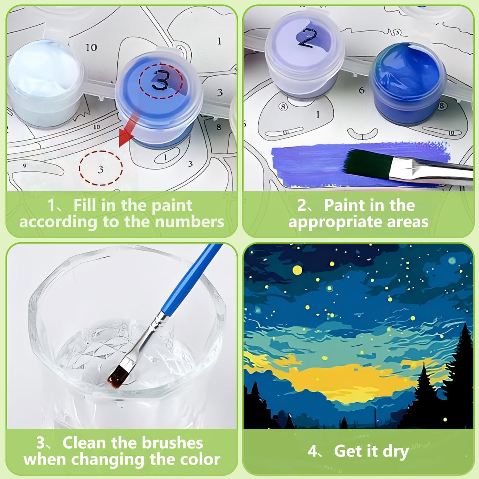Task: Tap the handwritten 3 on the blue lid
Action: tap(161, 80)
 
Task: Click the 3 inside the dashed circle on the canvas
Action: tap(100, 170)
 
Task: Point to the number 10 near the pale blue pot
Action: tap(91, 47)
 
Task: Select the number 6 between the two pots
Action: tap(362, 90)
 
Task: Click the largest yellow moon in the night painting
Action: tap(297, 270)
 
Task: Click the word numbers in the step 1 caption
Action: tap(190, 222)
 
